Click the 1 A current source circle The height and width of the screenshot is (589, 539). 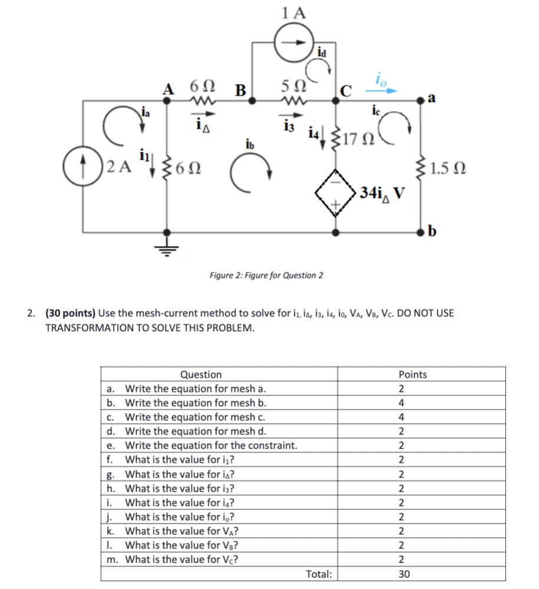pos(294,42)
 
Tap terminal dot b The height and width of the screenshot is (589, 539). pos(423,231)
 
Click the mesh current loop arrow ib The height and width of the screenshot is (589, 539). pos(255,172)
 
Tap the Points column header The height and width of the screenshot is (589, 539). pos(413,374)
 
